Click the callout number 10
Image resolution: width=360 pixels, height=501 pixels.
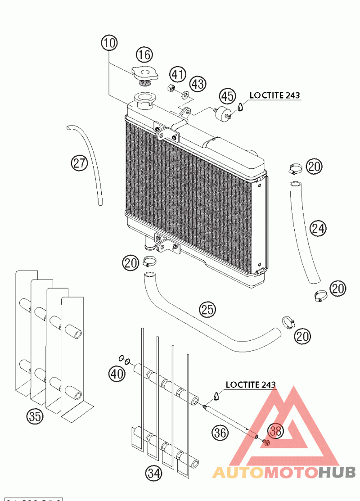109,43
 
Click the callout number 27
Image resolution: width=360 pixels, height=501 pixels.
79,163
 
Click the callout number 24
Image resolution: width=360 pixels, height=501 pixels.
318,229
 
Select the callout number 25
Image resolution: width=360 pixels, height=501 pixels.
208,310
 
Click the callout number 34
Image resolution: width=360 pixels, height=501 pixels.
153,473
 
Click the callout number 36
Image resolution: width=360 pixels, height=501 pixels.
220,433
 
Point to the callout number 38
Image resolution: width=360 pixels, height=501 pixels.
276,431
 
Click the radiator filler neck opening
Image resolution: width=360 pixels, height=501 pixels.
145,97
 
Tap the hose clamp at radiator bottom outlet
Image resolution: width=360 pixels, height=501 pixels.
149,260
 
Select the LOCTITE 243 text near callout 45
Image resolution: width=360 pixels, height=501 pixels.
274,95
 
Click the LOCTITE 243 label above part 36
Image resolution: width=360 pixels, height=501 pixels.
250,384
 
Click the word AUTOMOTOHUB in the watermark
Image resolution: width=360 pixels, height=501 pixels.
283,472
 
